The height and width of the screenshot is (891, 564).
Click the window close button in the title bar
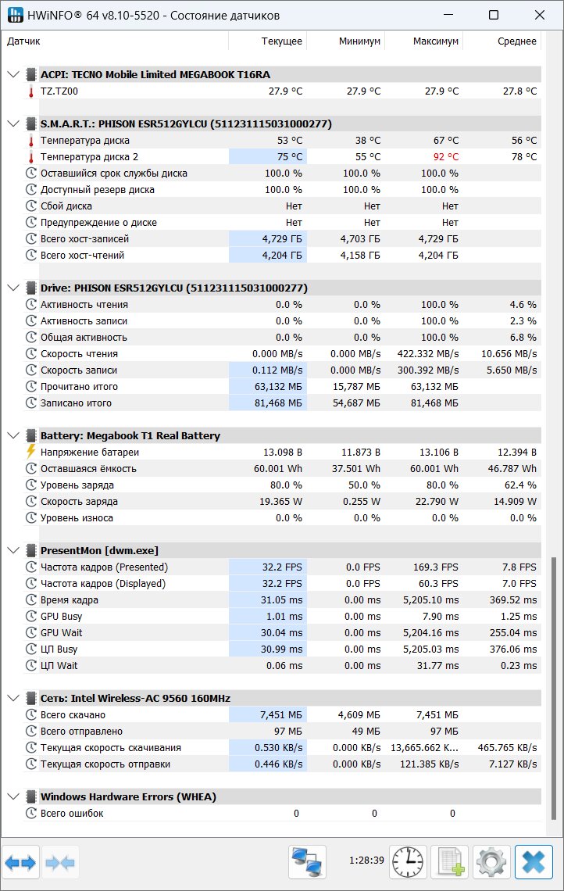[540, 16]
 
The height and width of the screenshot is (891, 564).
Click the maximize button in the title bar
[494, 16]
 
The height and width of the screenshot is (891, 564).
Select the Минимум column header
[359, 41]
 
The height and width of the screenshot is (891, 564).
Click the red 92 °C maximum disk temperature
[446, 157]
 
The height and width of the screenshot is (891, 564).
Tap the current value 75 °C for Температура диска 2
[290, 157]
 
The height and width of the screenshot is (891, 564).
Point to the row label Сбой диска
[66, 206]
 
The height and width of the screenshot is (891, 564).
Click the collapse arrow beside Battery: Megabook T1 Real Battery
[13, 436]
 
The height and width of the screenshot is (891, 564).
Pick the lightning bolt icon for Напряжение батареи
[30, 452]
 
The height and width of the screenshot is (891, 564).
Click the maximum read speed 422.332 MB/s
[427, 353]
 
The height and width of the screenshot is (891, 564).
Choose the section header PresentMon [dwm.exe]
[99, 551]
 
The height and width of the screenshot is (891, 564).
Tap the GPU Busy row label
[62, 616]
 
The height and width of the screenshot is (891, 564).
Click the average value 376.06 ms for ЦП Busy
[513, 649]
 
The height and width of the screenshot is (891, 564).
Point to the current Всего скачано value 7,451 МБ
[280, 715]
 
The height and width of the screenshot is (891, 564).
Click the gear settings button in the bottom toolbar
[491, 862]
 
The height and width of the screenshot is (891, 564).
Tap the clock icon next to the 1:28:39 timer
[408, 862]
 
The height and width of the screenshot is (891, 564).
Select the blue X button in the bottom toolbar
[534, 862]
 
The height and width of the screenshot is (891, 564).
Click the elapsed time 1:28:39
[366, 861]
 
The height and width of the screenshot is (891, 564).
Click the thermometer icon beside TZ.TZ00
[30, 91]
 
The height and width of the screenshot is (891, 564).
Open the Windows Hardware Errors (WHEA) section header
[128, 796]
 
